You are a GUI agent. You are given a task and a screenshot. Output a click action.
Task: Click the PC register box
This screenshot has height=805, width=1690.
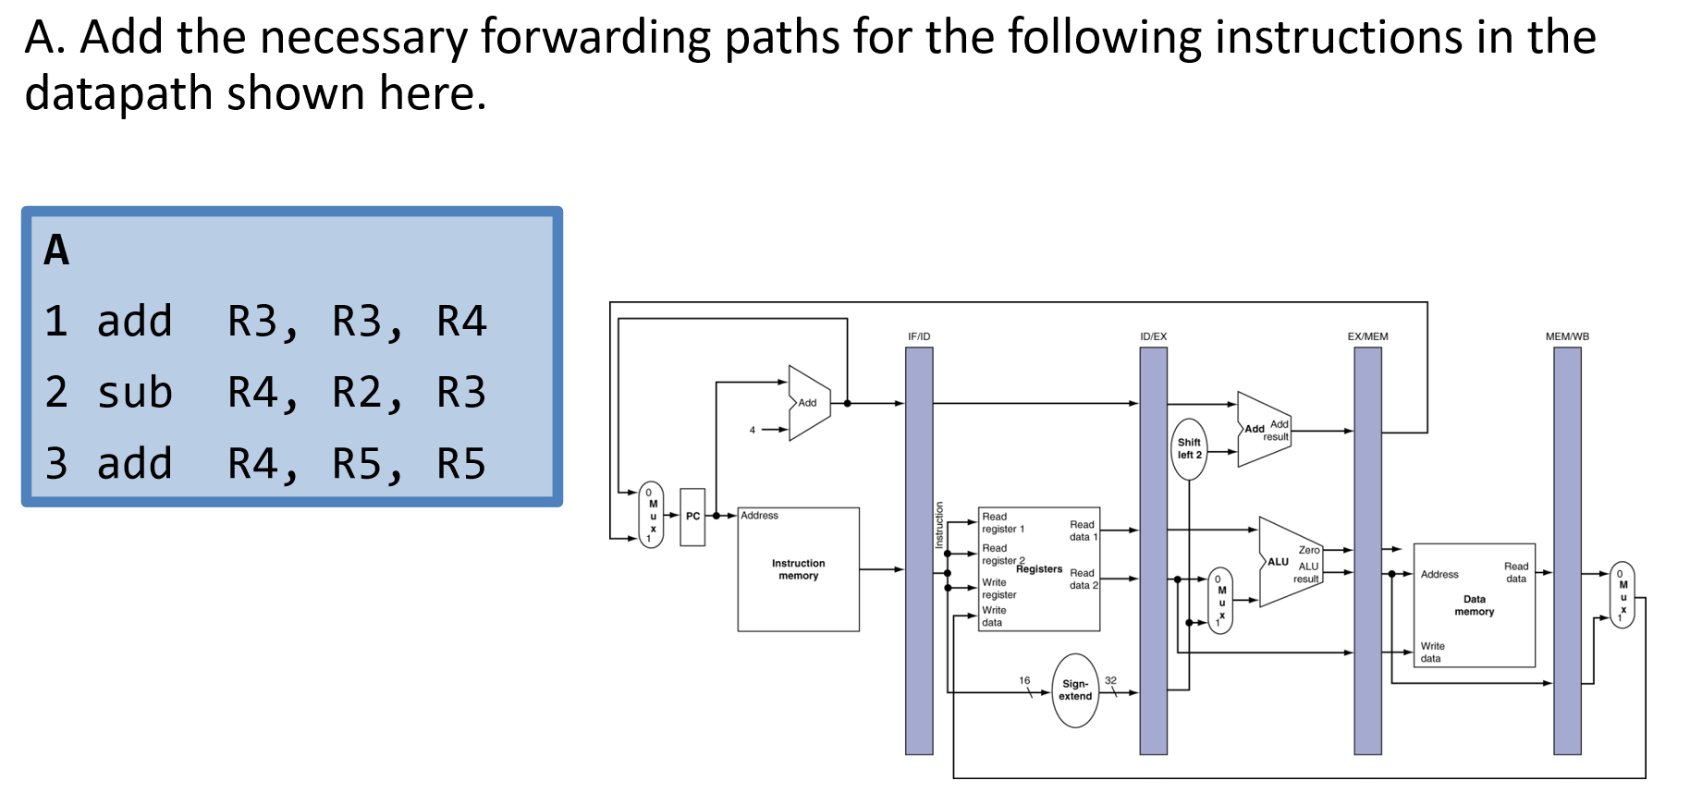(x=692, y=517)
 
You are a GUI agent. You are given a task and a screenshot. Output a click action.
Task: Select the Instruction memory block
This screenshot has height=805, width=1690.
(x=798, y=569)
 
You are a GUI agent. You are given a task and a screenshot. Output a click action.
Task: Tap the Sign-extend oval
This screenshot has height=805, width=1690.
(x=1075, y=690)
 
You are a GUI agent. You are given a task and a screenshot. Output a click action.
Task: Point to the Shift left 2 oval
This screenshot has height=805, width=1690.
(x=1189, y=449)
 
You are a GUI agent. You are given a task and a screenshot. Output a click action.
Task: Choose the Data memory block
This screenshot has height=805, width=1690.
(x=1474, y=605)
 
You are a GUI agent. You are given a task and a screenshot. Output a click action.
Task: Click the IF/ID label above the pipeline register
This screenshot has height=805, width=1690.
(x=919, y=336)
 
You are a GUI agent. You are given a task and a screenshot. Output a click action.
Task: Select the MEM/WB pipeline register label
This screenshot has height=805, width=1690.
(x=1567, y=336)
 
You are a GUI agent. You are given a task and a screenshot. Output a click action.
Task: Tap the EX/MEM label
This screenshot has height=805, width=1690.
(x=1367, y=336)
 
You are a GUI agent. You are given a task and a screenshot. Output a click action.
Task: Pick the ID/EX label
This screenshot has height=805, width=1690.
(x=1153, y=336)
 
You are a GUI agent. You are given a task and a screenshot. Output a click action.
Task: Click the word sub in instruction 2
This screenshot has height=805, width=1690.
(x=135, y=393)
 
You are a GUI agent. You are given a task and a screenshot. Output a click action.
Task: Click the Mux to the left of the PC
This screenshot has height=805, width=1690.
(x=652, y=516)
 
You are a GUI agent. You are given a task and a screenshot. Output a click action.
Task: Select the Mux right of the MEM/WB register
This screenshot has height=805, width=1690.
(x=1623, y=595)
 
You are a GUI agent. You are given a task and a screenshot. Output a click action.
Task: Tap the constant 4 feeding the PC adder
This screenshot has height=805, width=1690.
(x=753, y=430)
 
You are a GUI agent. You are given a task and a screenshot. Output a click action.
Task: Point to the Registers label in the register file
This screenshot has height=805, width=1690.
(x=1039, y=569)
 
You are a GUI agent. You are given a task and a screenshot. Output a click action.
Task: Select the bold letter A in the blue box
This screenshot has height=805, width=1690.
(x=56, y=250)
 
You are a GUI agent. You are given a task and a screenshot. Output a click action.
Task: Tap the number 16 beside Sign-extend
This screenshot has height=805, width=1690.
(x=1024, y=680)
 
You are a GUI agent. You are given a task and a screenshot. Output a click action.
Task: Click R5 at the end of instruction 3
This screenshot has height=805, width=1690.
(x=460, y=464)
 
